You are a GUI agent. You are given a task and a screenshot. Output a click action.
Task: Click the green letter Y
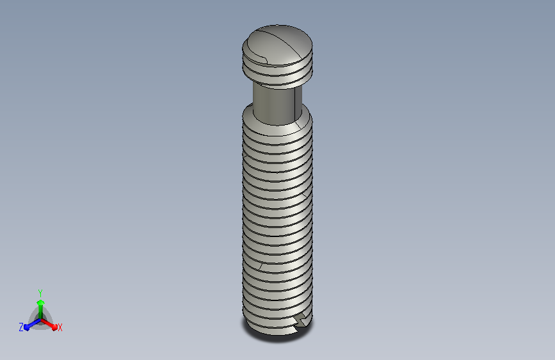point(40,293)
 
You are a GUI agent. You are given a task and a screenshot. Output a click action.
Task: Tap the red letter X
point(60,327)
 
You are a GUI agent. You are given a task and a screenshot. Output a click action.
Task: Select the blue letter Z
point(21,327)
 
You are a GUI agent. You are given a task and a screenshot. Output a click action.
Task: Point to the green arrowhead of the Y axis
point(40,302)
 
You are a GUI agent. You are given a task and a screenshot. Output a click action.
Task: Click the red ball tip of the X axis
point(54,327)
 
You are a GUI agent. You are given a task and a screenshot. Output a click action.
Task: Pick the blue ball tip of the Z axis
point(27,327)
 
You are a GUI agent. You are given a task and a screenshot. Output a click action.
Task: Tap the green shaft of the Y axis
point(40,312)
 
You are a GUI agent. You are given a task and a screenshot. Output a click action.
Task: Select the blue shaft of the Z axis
point(34,323)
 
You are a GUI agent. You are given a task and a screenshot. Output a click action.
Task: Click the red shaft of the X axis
point(47,323)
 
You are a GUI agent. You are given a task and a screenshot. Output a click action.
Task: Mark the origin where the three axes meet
point(40,320)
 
